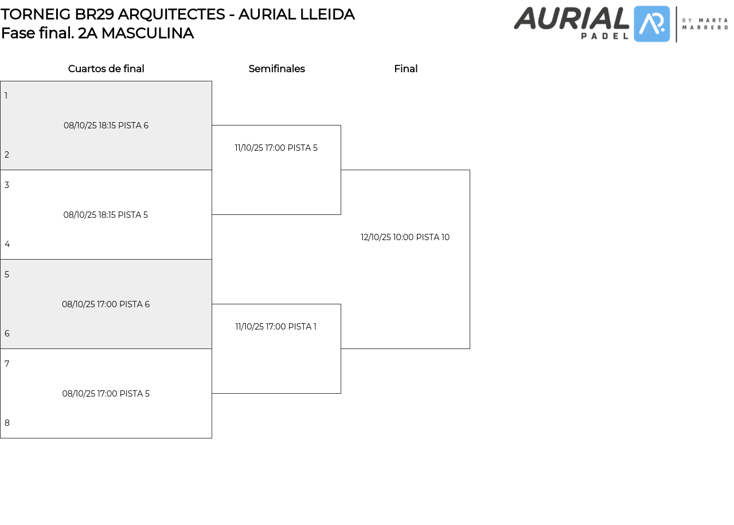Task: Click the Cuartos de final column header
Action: (106, 69)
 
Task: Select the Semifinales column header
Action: (276, 69)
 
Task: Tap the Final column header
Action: (405, 69)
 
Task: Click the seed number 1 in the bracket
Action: (6, 96)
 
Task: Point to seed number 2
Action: (7, 155)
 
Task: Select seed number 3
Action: (7, 185)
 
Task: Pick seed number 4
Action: (7, 244)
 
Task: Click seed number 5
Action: (7, 275)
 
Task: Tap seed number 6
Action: (7, 334)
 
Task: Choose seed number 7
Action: (7, 364)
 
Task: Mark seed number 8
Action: (7, 423)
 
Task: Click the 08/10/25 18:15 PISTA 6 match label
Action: (106, 126)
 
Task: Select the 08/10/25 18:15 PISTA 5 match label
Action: (106, 215)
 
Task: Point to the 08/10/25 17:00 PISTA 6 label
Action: (106, 304)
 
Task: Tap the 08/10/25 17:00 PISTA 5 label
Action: (106, 394)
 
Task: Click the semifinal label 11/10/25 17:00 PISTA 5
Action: (276, 148)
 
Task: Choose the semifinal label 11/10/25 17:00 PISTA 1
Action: (276, 327)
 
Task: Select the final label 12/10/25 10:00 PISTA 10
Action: (405, 237)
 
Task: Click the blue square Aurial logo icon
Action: (652, 24)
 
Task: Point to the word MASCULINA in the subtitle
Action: (147, 33)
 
